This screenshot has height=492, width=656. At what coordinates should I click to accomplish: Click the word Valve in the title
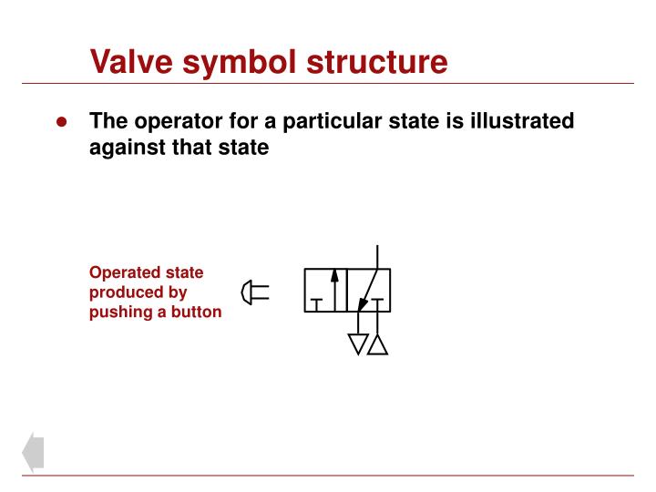pos(128,62)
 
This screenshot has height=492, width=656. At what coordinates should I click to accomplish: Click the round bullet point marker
pos(62,123)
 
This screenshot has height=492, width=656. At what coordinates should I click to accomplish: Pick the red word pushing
pos(122,313)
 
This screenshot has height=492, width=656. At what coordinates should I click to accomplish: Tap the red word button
pos(195,313)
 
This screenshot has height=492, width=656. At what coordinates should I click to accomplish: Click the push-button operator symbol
pos(254,292)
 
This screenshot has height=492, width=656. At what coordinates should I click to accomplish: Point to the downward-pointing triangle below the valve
pos(358,343)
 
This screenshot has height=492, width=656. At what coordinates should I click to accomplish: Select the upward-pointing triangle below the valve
pos(378,343)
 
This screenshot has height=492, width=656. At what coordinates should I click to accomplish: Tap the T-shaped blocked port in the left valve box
pos(316,302)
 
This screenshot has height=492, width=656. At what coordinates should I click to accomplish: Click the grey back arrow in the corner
pos(34,452)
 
